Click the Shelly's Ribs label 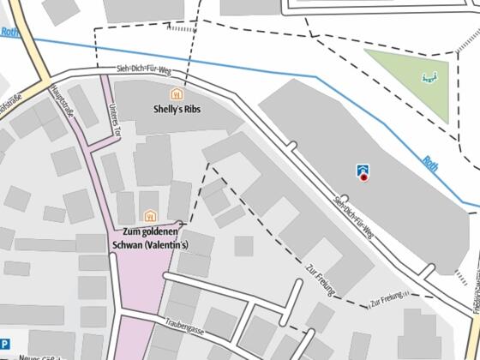pyautogui.click(x=176, y=110)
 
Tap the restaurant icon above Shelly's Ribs pyautogui.click(x=177, y=94)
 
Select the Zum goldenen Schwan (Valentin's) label pyautogui.click(x=151, y=237)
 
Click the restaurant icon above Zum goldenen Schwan pyautogui.click(x=151, y=216)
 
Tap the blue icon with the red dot pyautogui.click(x=363, y=172)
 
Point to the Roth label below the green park pyautogui.click(x=429, y=162)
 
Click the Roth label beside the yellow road pyautogui.click(x=9, y=33)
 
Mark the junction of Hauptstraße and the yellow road pyautogui.click(x=47, y=83)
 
